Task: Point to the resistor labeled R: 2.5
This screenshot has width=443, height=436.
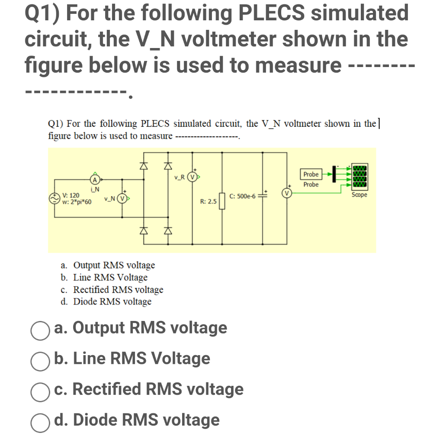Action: point(222,201)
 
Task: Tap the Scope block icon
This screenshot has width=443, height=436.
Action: point(360,177)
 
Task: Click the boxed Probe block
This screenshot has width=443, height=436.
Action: point(311,174)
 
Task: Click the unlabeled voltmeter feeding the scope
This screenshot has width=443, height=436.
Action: point(287,192)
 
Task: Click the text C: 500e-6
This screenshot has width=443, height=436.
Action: point(244,196)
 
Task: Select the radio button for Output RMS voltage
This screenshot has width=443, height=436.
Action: point(39,328)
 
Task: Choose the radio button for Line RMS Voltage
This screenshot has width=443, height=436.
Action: point(39,359)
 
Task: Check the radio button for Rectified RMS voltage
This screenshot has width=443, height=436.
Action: point(39,390)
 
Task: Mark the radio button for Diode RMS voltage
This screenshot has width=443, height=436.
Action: point(39,420)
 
